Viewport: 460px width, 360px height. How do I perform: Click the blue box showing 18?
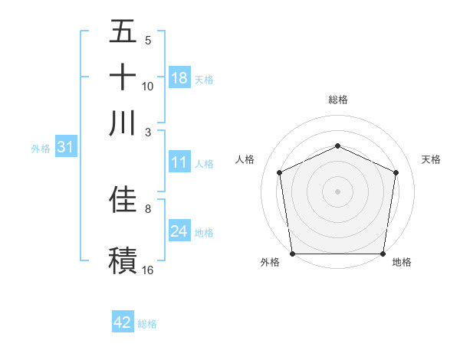click(x=179, y=78)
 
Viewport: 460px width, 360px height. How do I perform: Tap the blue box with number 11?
click(x=179, y=162)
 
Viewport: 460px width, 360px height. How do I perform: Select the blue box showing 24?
click(x=179, y=231)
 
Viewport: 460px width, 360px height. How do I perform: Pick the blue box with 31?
click(x=64, y=147)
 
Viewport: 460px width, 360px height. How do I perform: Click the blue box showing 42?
click(x=123, y=322)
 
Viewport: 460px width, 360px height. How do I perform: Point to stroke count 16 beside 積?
click(x=148, y=270)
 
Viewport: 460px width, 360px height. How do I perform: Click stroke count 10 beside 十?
click(x=148, y=87)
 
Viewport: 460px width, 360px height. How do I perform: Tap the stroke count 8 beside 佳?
click(x=148, y=208)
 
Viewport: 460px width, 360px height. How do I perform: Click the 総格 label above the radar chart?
click(x=337, y=100)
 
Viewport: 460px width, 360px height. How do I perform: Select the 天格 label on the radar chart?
click(x=431, y=159)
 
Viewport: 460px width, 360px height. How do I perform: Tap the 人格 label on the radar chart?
click(x=245, y=159)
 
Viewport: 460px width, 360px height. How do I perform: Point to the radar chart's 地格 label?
click(x=402, y=262)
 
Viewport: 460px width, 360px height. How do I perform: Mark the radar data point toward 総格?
click(x=337, y=146)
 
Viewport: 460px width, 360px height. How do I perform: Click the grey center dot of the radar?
click(x=337, y=191)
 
